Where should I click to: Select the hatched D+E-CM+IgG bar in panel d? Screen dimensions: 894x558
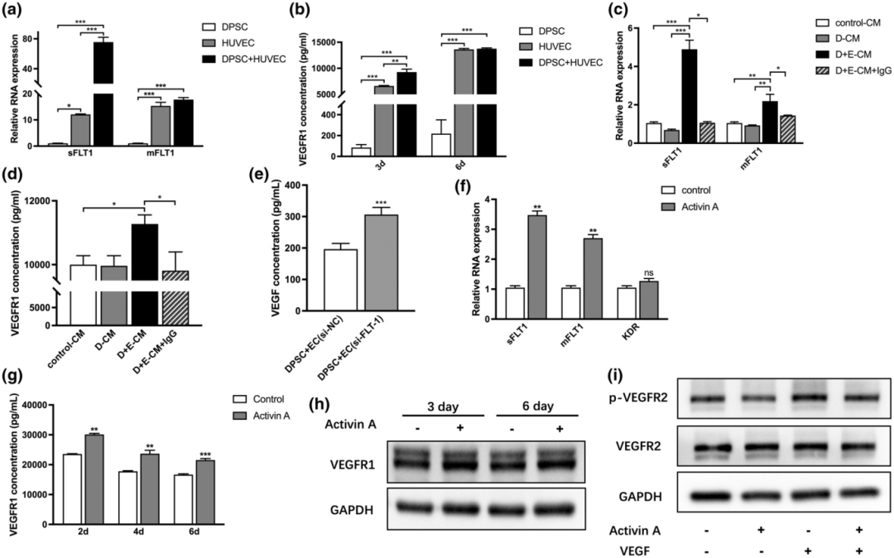tap(175, 297)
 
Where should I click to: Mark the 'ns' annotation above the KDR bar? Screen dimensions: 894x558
tap(647, 272)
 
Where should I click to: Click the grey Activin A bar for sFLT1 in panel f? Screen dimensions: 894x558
tap(537, 267)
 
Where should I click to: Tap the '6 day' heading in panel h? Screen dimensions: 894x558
tap(537, 406)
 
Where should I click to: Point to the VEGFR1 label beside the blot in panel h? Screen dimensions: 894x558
tap(353, 464)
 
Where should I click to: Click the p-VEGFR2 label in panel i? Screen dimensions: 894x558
tap(642, 397)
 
